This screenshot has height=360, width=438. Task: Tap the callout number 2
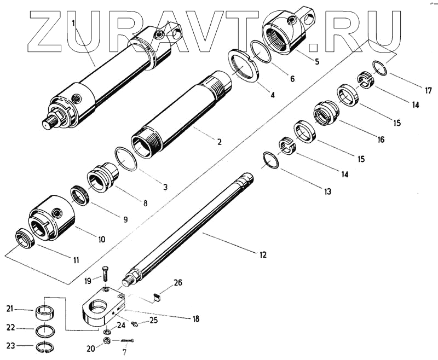[219, 142]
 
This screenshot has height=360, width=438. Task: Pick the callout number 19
[89, 281]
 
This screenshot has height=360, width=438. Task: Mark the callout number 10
[101, 239]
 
